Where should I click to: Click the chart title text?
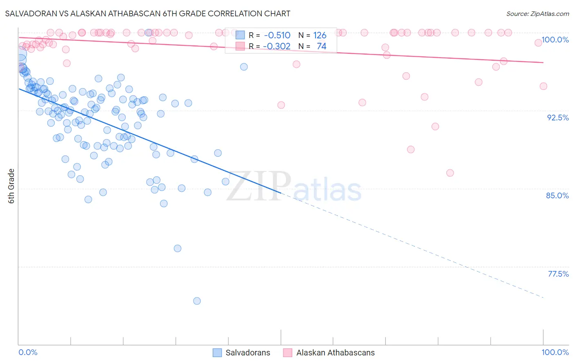(x=147, y=13)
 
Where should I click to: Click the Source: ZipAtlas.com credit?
(x=537, y=13)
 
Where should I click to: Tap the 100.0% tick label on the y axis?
(x=555, y=40)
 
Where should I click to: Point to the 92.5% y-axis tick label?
(x=558, y=118)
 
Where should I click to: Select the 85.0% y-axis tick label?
(x=557, y=195)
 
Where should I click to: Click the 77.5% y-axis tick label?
(x=558, y=274)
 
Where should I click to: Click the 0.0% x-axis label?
(x=28, y=352)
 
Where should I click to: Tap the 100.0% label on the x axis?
(x=555, y=352)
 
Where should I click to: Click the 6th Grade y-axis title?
(x=11, y=186)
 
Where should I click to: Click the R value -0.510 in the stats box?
(x=277, y=36)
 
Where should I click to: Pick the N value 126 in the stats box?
(x=320, y=36)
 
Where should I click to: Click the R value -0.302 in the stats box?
(x=277, y=46)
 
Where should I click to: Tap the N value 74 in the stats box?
(x=321, y=46)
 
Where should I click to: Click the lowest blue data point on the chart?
(x=197, y=301)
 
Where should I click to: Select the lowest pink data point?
(x=450, y=173)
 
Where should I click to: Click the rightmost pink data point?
(x=543, y=86)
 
